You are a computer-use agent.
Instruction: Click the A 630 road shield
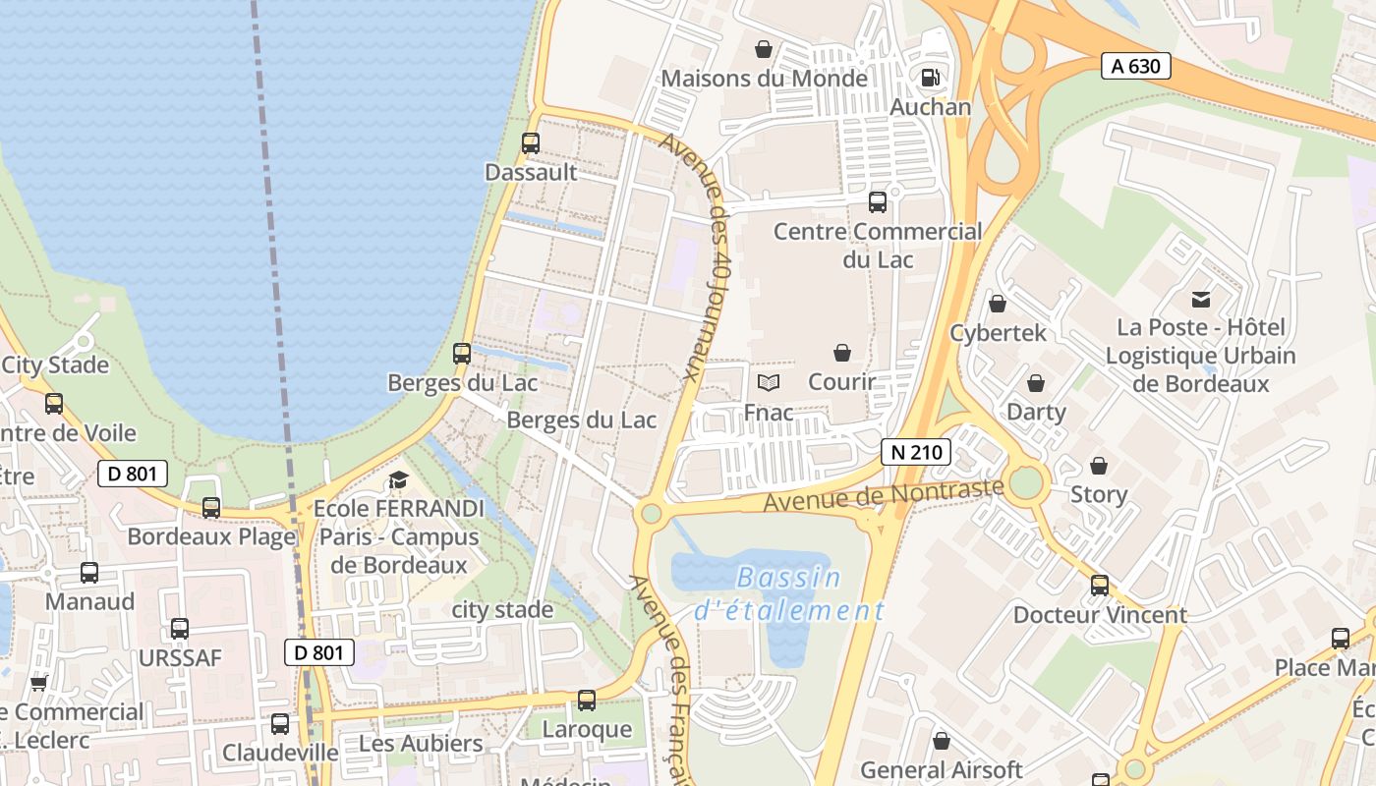(1135, 67)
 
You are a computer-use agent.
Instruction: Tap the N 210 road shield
(916, 452)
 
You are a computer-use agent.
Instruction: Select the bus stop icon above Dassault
(531, 143)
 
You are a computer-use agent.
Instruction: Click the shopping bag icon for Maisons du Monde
(764, 49)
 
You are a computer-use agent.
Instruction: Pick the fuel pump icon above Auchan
(930, 77)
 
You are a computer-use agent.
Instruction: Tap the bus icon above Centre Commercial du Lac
(878, 202)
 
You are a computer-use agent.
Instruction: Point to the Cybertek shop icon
(998, 304)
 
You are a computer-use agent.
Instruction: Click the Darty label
(1036, 411)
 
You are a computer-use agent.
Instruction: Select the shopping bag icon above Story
(1099, 466)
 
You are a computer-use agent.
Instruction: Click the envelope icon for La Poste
(1201, 299)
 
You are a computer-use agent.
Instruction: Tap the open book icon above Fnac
(769, 382)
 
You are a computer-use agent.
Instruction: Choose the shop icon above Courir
(842, 353)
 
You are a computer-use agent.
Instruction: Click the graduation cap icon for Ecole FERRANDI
(398, 479)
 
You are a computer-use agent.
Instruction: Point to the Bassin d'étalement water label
(789, 594)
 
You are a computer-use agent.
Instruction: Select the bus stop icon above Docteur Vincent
(1100, 586)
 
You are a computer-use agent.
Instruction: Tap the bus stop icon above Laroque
(587, 701)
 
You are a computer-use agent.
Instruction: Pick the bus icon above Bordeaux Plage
(211, 508)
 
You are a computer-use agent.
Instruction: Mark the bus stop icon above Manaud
(89, 573)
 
